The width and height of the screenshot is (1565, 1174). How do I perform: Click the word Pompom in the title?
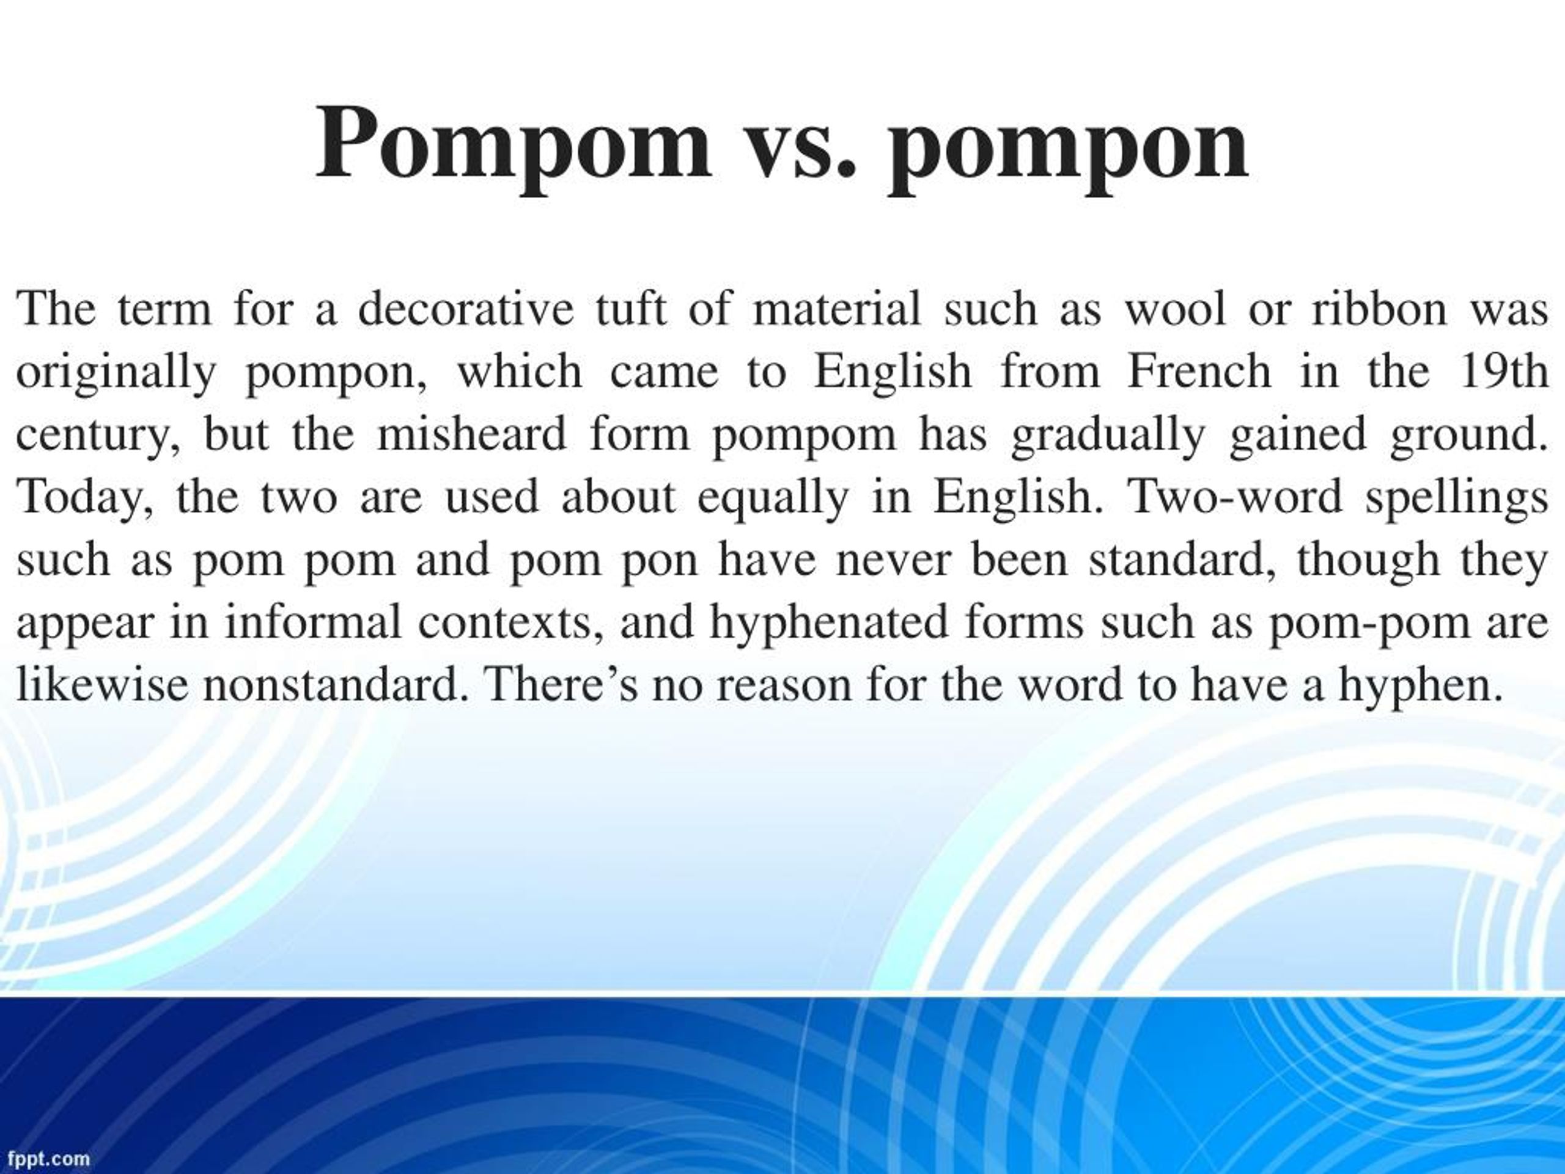click(513, 145)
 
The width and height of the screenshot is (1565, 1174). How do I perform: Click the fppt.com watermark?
click(45, 1159)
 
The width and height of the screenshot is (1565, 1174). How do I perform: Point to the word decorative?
click(466, 309)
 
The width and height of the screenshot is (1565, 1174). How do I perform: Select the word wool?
click(1174, 309)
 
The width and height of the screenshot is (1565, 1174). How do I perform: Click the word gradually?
click(1107, 435)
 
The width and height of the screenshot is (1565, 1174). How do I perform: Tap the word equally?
click(773, 498)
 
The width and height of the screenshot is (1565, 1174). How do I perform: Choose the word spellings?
click(1457, 498)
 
